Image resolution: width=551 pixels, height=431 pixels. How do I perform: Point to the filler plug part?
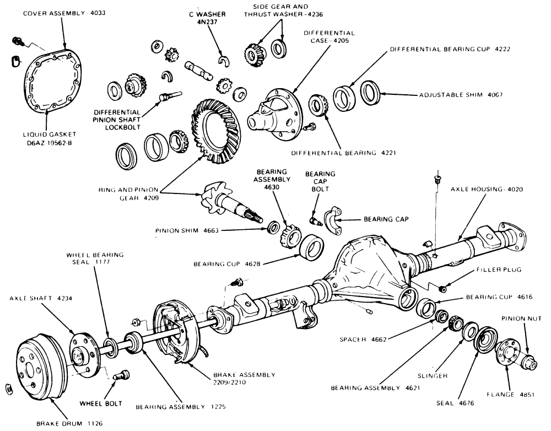tap(442, 289)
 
